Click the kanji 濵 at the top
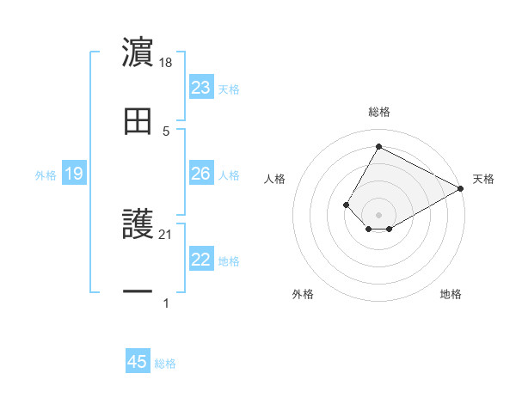(138, 52)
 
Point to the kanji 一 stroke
(138, 292)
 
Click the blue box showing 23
(200, 88)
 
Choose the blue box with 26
(200, 174)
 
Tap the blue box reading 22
(200, 260)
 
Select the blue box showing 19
(73, 174)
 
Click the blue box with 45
(138, 362)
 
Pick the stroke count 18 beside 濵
(167, 63)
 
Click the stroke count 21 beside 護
(166, 235)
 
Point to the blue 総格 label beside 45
(165, 364)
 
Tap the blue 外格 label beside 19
(46, 175)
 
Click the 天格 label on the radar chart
(483, 179)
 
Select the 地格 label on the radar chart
(451, 294)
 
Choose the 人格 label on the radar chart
(275, 179)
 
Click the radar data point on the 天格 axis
(460, 189)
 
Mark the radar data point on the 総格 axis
(378, 146)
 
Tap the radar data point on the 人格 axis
(346, 205)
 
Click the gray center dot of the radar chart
(378, 215)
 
